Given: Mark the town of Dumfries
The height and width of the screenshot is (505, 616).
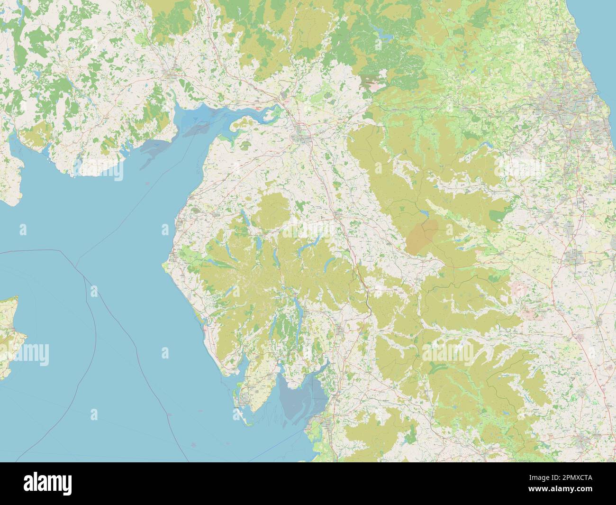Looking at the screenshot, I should click(170, 73).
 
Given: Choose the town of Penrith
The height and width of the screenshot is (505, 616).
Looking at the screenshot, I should click(338, 215).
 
